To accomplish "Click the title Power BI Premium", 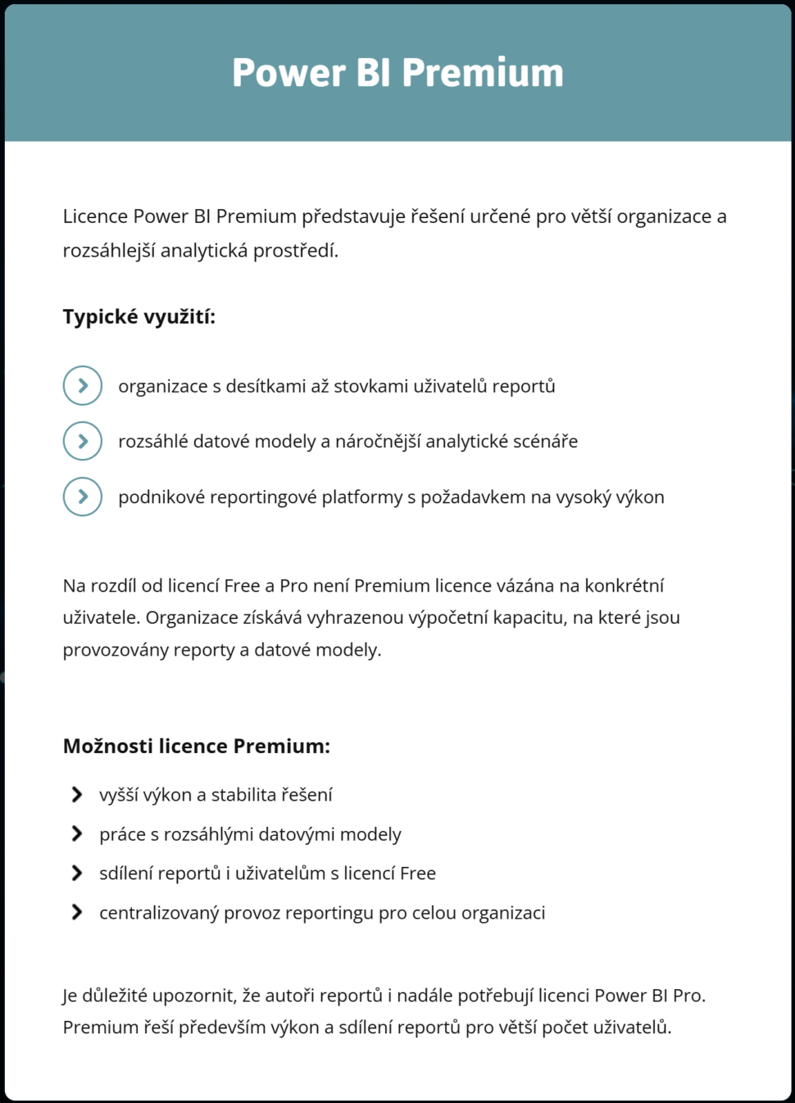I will pyautogui.click(x=397, y=72).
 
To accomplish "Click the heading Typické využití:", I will pyautogui.click(x=139, y=317).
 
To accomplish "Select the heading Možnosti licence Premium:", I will pyautogui.click(x=196, y=747).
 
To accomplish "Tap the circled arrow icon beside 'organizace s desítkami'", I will pyautogui.click(x=83, y=386).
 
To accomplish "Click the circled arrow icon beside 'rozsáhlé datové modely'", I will pyautogui.click(x=83, y=442).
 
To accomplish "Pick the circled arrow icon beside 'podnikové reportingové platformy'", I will pyautogui.click(x=83, y=497).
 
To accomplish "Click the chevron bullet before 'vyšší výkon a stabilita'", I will pyautogui.click(x=77, y=795).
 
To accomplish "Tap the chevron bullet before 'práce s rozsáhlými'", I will pyautogui.click(x=77, y=834).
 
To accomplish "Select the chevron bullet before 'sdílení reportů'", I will pyautogui.click(x=77, y=874).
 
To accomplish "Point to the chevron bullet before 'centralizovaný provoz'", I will pyautogui.click(x=77, y=913).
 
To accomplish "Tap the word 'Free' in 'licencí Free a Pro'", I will pyautogui.click(x=242, y=586).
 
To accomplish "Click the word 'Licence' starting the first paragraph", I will pyautogui.click(x=95, y=216).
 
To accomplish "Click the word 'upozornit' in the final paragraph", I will pyautogui.click(x=193, y=996).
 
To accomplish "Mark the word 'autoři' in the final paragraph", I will pyautogui.click(x=288, y=996).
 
